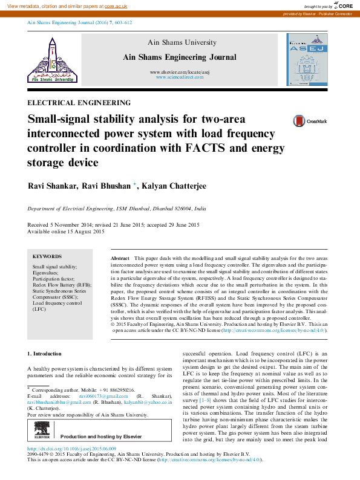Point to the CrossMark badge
(x=301, y=121)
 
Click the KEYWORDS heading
(x=47, y=256)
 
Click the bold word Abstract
(x=120, y=258)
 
